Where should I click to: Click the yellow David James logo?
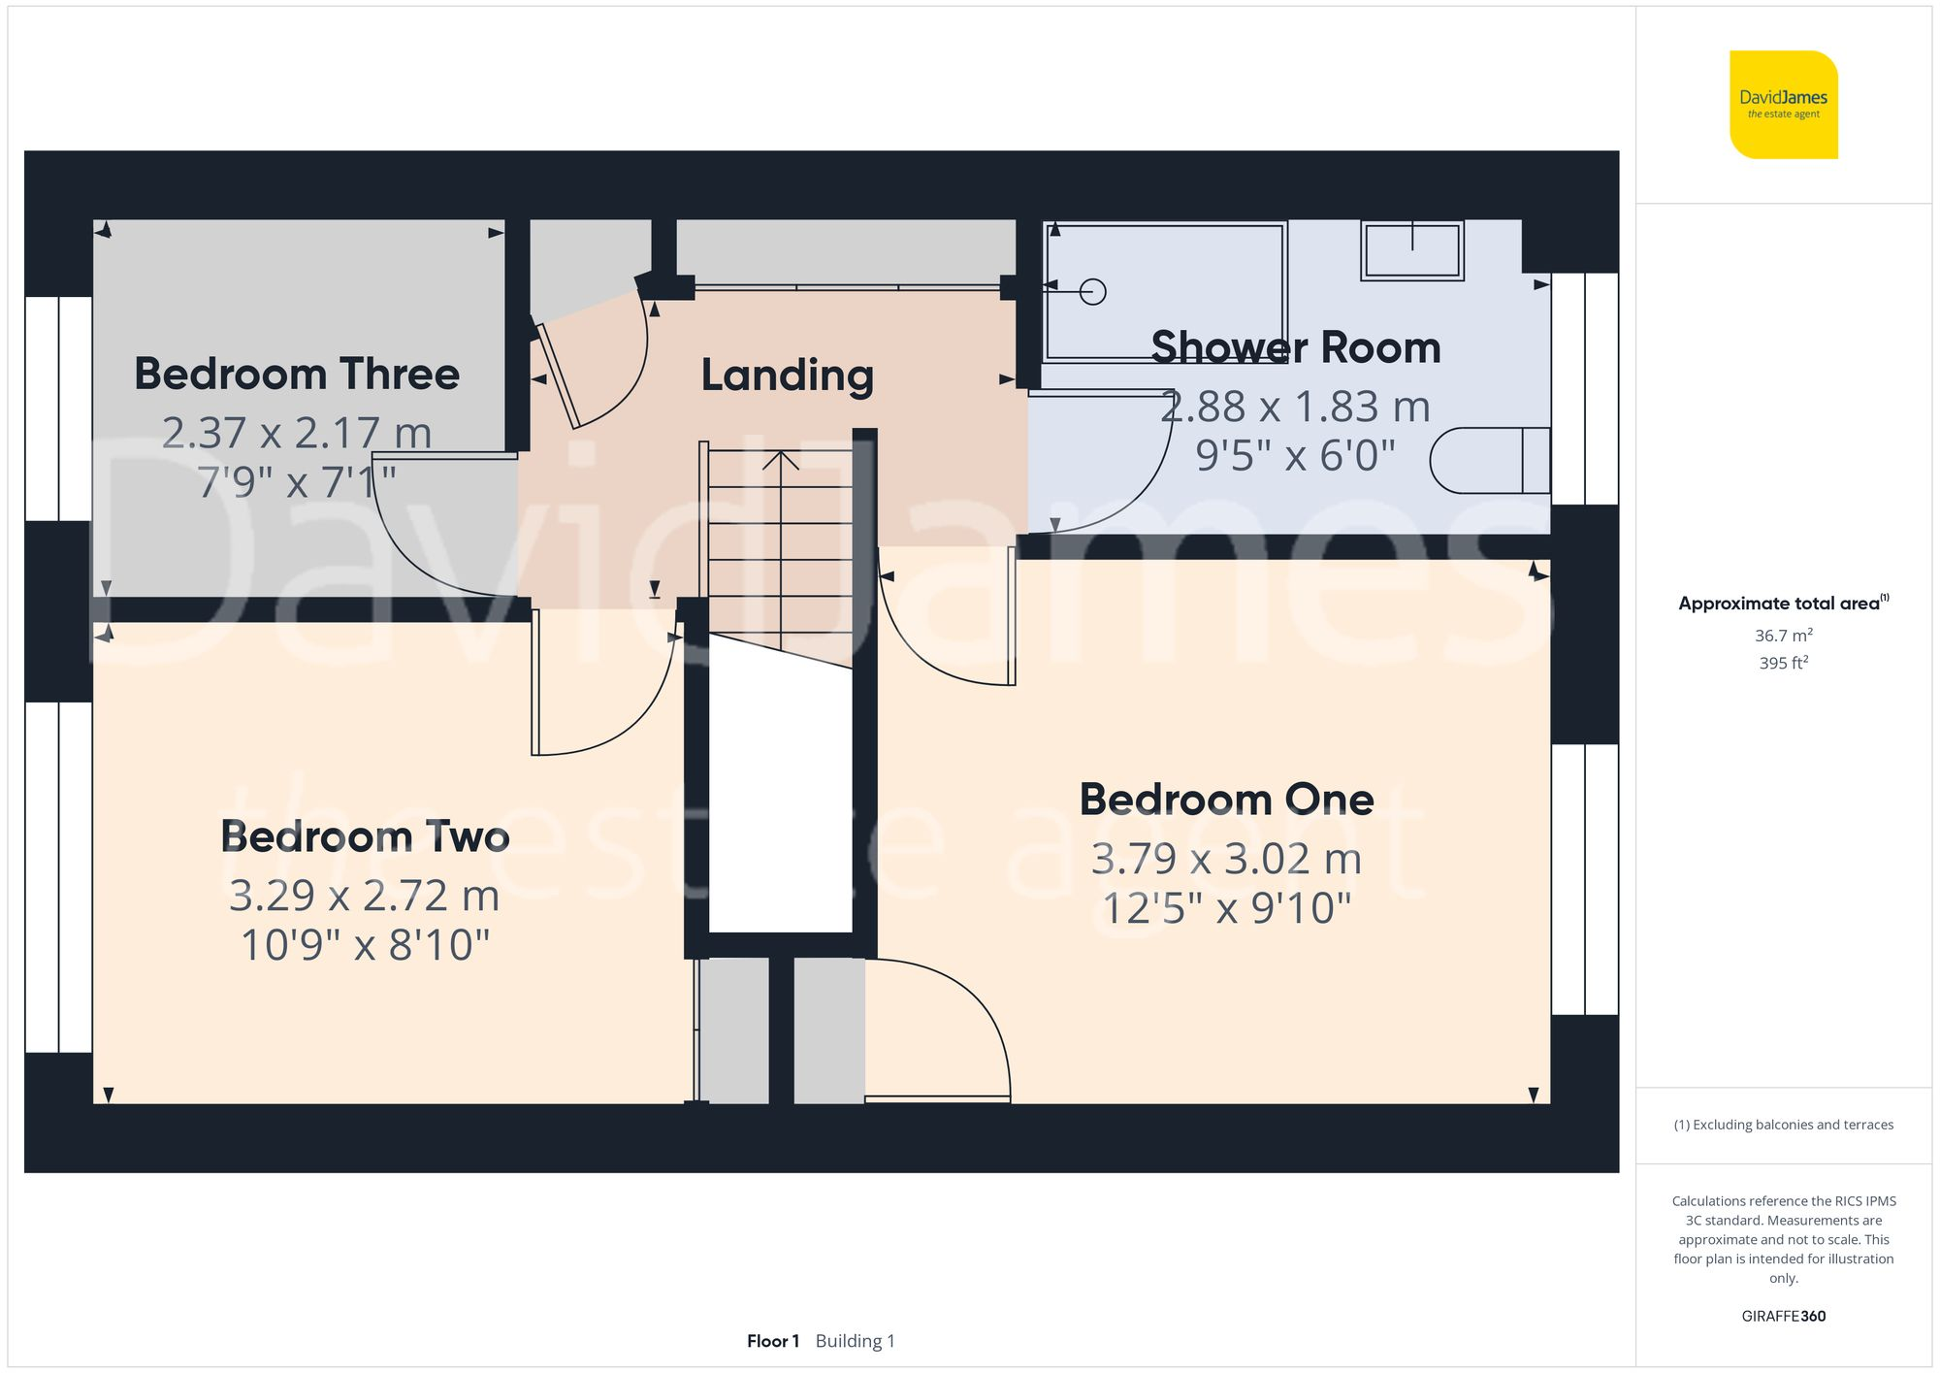coord(1783,105)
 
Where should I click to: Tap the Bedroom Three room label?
coord(297,375)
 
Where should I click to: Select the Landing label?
coord(787,376)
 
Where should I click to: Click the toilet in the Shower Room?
coord(1489,460)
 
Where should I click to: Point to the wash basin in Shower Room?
coord(1411,250)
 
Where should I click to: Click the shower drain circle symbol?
coord(1092,292)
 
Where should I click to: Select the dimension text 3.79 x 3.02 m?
coord(1226,859)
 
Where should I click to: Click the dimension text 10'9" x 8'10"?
coord(365,945)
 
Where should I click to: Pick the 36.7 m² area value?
coord(1783,636)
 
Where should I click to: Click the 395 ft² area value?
coord(1783,663)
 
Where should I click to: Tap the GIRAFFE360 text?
coord(1783,1316)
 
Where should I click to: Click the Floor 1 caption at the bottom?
coord(772,1341)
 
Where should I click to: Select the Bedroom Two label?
coord(365,836)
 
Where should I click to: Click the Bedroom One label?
coord(1226,800)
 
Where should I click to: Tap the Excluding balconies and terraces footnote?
coord(1783,1125)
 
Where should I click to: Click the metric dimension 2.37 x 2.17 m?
coord(297,433)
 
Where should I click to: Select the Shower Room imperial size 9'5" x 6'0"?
coord(1295,455)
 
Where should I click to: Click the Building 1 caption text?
coord(855,1341)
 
